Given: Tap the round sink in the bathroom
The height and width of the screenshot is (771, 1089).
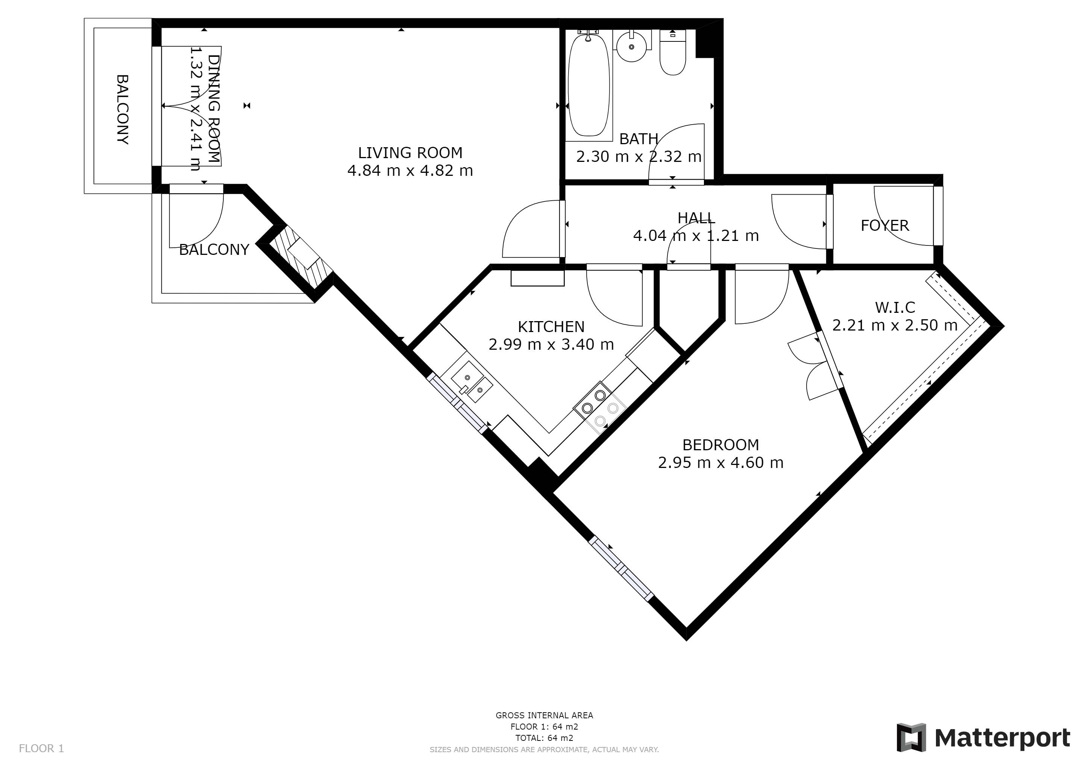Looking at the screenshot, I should [x=631, y=47].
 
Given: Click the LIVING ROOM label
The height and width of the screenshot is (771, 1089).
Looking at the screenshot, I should [x=410, y=153].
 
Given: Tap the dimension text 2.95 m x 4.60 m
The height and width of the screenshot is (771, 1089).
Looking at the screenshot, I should [x=720, y=462].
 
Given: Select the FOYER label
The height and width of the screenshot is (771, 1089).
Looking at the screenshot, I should [x=884, y=225].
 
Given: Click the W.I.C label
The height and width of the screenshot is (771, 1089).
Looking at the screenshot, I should [x=895, y=308].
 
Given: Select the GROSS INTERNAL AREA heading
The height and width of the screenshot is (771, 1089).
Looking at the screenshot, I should [x=544, y=715].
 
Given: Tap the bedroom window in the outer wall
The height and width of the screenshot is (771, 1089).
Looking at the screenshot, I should [x=621, y=569].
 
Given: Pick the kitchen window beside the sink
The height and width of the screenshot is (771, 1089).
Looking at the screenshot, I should [x=458, y=404].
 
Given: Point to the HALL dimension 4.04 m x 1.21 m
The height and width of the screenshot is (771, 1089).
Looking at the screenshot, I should [x=695, y=235].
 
